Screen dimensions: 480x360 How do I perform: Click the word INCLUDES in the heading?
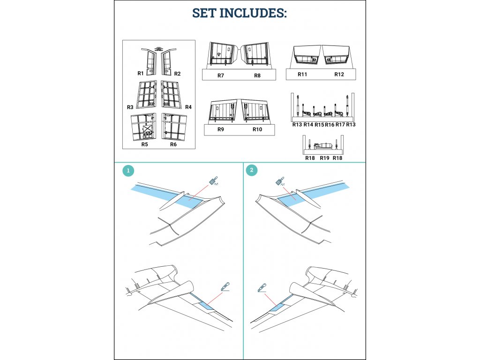point(253,13)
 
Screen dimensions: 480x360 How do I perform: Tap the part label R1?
point(141,73)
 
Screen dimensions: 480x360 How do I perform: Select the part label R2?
point(177,74)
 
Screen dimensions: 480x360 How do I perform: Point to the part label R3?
point(130,107)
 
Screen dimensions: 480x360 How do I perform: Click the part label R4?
point(188,107)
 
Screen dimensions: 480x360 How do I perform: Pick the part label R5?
point(144,144)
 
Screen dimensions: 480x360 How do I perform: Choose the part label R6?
point(173,144)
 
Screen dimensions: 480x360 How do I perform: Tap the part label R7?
point(221,75)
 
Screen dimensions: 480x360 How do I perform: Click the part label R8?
point(257,75)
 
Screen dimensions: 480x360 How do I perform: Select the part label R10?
point(257,129)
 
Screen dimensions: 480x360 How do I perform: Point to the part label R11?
point(302,74)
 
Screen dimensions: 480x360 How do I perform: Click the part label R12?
point(339,74)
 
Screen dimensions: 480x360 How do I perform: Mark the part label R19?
point(324,158)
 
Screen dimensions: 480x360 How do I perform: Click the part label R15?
point(319,125)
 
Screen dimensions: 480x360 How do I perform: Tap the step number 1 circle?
point(128,171)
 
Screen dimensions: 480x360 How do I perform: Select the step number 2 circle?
point(252,170)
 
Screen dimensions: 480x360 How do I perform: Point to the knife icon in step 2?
point(262,288)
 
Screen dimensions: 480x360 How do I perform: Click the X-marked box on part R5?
point(148,128)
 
